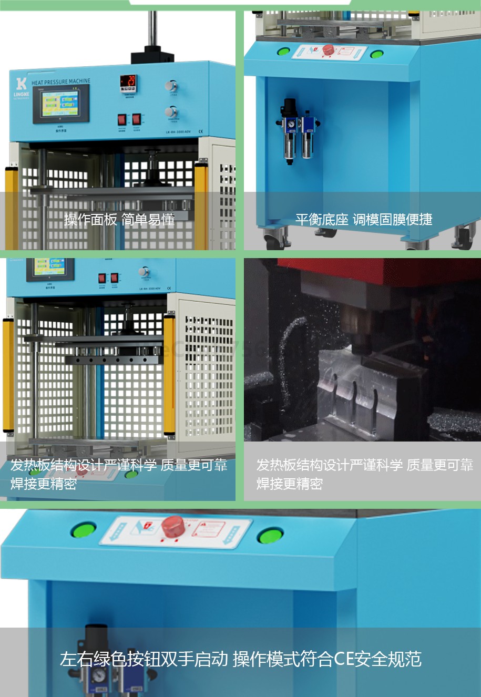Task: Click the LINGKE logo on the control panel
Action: (x=21, y=87)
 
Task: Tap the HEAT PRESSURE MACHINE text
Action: (x=60, y=82)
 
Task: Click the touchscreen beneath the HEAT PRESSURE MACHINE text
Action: (x=60, y=103)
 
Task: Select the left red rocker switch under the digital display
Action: (x=122, y=119)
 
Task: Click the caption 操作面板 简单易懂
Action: (x=119, y=219)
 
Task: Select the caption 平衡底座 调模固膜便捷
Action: (x=363, y=219)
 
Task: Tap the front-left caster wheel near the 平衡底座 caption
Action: (x=273, y=239)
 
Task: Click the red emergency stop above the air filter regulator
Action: (x=328, y=50)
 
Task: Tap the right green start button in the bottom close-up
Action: (x=270, y=536)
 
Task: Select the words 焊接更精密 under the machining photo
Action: (x=289, y=484)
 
